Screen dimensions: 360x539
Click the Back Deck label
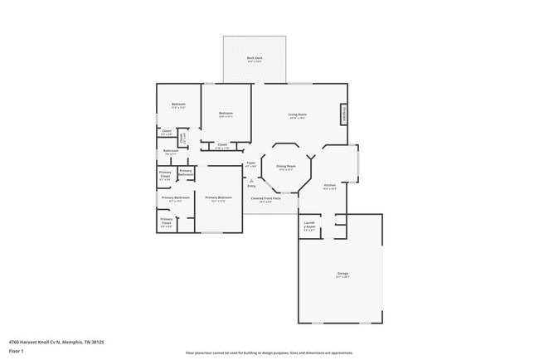point(254,58)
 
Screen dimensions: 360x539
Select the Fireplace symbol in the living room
point(343,114)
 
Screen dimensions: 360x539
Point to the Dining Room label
point(286,166)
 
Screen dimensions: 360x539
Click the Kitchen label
point(329,185)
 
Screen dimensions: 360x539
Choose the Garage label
point(342,272)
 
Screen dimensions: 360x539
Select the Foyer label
point(250,163)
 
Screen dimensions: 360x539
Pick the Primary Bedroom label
point(218,197)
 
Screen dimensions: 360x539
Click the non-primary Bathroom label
point(171,151)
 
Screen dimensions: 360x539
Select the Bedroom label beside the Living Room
point(225,113)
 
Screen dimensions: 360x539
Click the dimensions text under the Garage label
point(342,277)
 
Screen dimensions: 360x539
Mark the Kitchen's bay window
point(357,163)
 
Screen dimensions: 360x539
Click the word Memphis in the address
point(69,341)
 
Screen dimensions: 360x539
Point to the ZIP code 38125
point(98,341)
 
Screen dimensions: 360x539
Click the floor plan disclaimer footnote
point(269,353)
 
